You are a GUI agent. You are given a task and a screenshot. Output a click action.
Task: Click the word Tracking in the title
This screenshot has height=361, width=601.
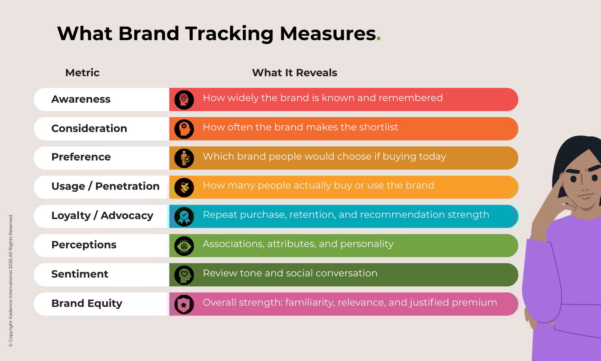[x=229, y=34]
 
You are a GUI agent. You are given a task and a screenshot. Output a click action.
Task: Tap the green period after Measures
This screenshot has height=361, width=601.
[x=379, y=39]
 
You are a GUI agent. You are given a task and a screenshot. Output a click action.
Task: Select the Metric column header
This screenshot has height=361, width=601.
[x=82, y=73]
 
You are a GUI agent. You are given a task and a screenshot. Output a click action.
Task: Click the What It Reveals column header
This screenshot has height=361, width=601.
[x=294, y=73]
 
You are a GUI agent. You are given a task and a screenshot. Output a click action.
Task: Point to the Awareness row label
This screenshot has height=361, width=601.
[x=81, y=99]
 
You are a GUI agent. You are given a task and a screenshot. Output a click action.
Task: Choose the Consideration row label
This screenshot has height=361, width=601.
[x=89, y=128]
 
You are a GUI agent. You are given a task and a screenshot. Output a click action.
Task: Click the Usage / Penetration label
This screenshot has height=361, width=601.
[x=105, y=186]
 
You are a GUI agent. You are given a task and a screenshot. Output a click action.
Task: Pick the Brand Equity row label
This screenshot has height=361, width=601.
[x=87, y=303]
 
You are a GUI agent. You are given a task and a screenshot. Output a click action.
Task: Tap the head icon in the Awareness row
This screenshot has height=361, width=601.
[x=184, y=100]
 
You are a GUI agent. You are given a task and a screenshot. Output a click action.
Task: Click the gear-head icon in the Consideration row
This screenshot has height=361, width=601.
[x=184, y=129]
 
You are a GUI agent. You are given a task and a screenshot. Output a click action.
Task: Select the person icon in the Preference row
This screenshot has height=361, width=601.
[x=184, y=158]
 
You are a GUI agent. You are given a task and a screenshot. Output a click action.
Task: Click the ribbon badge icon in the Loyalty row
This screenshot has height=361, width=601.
[x=184, y=217]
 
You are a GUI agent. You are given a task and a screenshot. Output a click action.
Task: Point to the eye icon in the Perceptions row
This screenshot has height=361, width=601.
[x=184, y=246]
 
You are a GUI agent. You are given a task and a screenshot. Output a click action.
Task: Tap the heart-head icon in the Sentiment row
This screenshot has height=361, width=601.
[x=184, y=275]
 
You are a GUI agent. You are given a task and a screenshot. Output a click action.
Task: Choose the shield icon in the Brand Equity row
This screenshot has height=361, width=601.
[x=184, y=304]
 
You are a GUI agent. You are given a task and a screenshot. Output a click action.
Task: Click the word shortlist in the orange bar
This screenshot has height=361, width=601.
[x=378, y=127]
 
